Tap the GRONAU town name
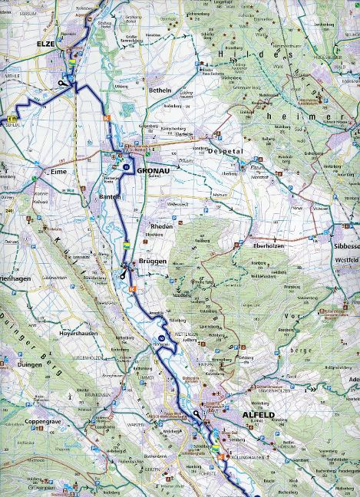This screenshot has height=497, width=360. click(x=152, y=173)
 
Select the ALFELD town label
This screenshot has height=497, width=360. click(x=258, y=414)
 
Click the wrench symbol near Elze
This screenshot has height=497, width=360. click(x=61, y=82)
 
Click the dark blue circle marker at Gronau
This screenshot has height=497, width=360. click(x=126, y=165)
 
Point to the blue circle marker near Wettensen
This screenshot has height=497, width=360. click(x=162, y=337)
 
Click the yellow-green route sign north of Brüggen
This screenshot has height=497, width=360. click(x=125, y=245)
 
